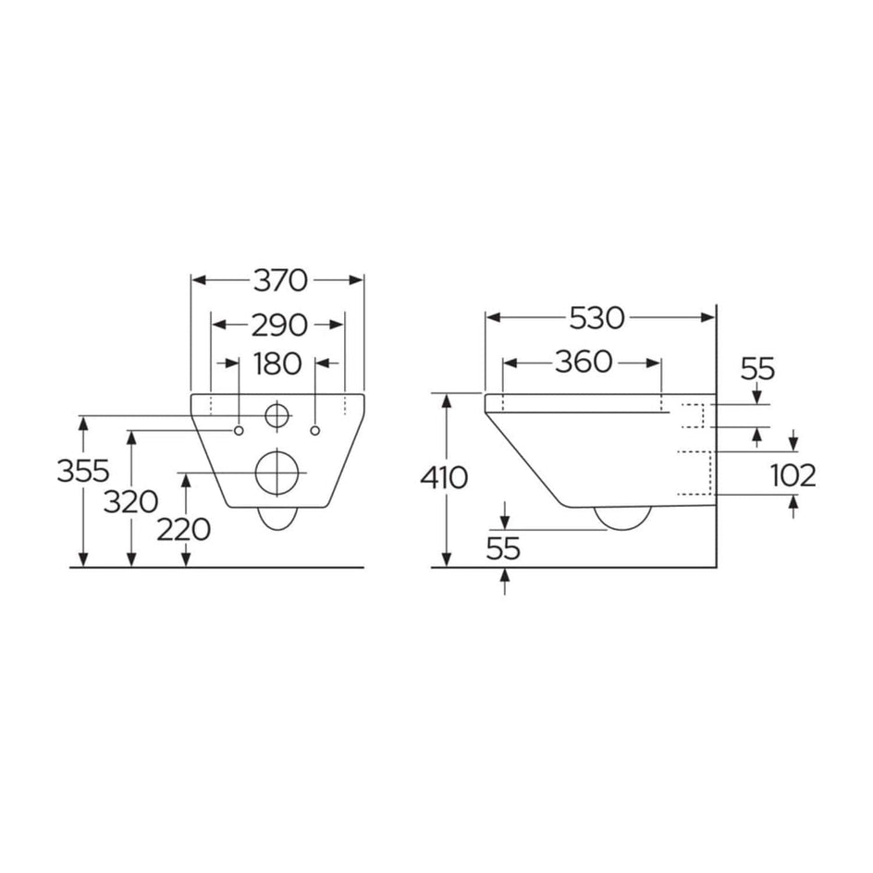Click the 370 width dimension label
coord(277,279)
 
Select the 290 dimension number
coord(278,324)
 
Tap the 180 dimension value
coord(277,363)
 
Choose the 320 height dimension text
coord(129,502)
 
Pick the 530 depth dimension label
coord(597,318)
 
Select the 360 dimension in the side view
coord(584,363)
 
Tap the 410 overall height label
coord(444,478)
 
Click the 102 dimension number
coord(793,475)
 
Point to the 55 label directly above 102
coord(757,369)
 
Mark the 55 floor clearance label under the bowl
coord(504,548)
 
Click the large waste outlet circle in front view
coord(277,473)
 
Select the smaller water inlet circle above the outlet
coord(277,416)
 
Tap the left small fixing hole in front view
coord(239,430)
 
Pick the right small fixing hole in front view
coord(316,430)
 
